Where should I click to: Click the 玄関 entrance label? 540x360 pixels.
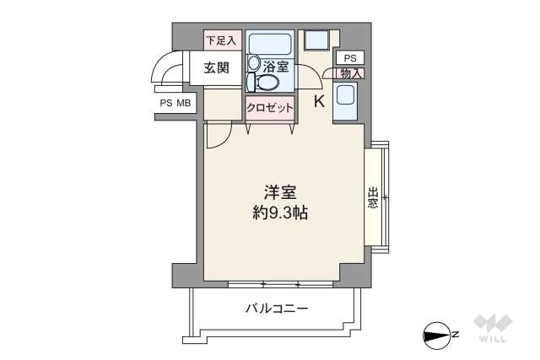pyautogui.click(x=216, y=68)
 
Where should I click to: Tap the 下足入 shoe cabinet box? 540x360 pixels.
pyautogui.click(x=222, y=40)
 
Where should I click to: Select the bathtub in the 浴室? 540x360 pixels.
pyautogui.click(x=270, y=43)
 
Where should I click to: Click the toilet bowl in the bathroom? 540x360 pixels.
pyautogui.click(x=267, y=82)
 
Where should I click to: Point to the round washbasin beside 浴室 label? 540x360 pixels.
pyautogui.click(x=254, y=62)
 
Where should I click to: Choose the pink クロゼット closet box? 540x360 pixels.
pyautogui.click(x=270, y=108)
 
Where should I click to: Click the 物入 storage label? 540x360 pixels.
pyautogui.click(x=351, y=73)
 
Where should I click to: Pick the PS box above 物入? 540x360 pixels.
pyautogui.click(x=350, y=57)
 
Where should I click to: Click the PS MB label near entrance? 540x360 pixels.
pyautogui.click(x=175, y=104)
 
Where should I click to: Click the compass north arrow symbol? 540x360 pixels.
pyautogui.click(x=436, y=335)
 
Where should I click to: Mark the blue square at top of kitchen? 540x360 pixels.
pyautogui.click(x=317, y=40)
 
